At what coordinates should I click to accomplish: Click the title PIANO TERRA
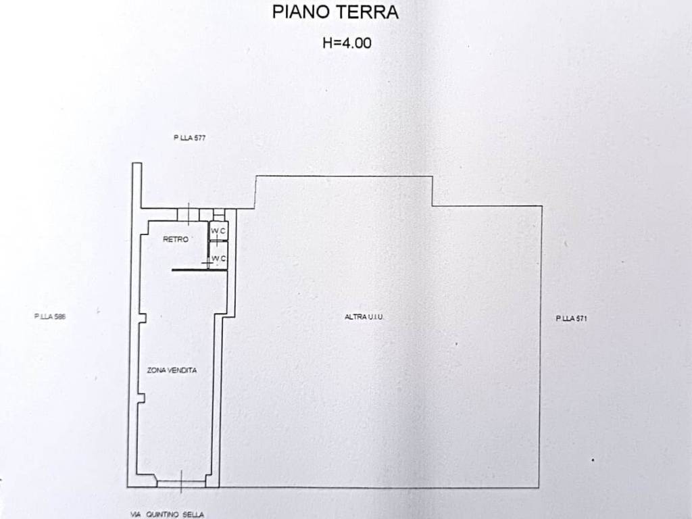tap(335, 12)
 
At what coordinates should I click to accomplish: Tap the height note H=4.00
tap(347, 43)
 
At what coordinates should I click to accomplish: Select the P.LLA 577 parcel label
tap(190, 138)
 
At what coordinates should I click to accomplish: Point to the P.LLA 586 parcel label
tap(50, 316)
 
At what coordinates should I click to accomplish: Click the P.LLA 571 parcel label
tap(572, 318)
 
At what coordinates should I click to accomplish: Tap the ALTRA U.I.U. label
tap(364, 317)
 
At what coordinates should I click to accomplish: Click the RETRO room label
tap(176, 239)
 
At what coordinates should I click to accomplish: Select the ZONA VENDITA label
tap(172, 370)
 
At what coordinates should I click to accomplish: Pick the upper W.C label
tap(218, 230)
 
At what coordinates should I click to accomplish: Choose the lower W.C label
tap(219, 259)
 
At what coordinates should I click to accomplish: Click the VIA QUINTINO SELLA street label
tap(168, 514)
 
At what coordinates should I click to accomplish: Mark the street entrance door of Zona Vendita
tap(181, 484)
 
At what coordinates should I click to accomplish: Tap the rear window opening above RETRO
tap(189, 214)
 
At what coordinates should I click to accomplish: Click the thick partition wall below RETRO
tap(199, 270)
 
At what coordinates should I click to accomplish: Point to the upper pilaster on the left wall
tap(142, 318)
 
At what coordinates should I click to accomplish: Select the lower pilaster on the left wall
tap(141, 397)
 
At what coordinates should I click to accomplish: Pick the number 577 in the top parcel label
tap(200, 138)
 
